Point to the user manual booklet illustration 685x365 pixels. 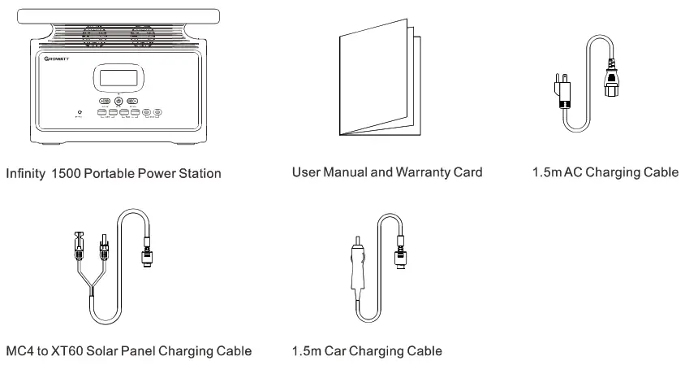(380, 84)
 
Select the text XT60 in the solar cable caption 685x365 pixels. (67, 352)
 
